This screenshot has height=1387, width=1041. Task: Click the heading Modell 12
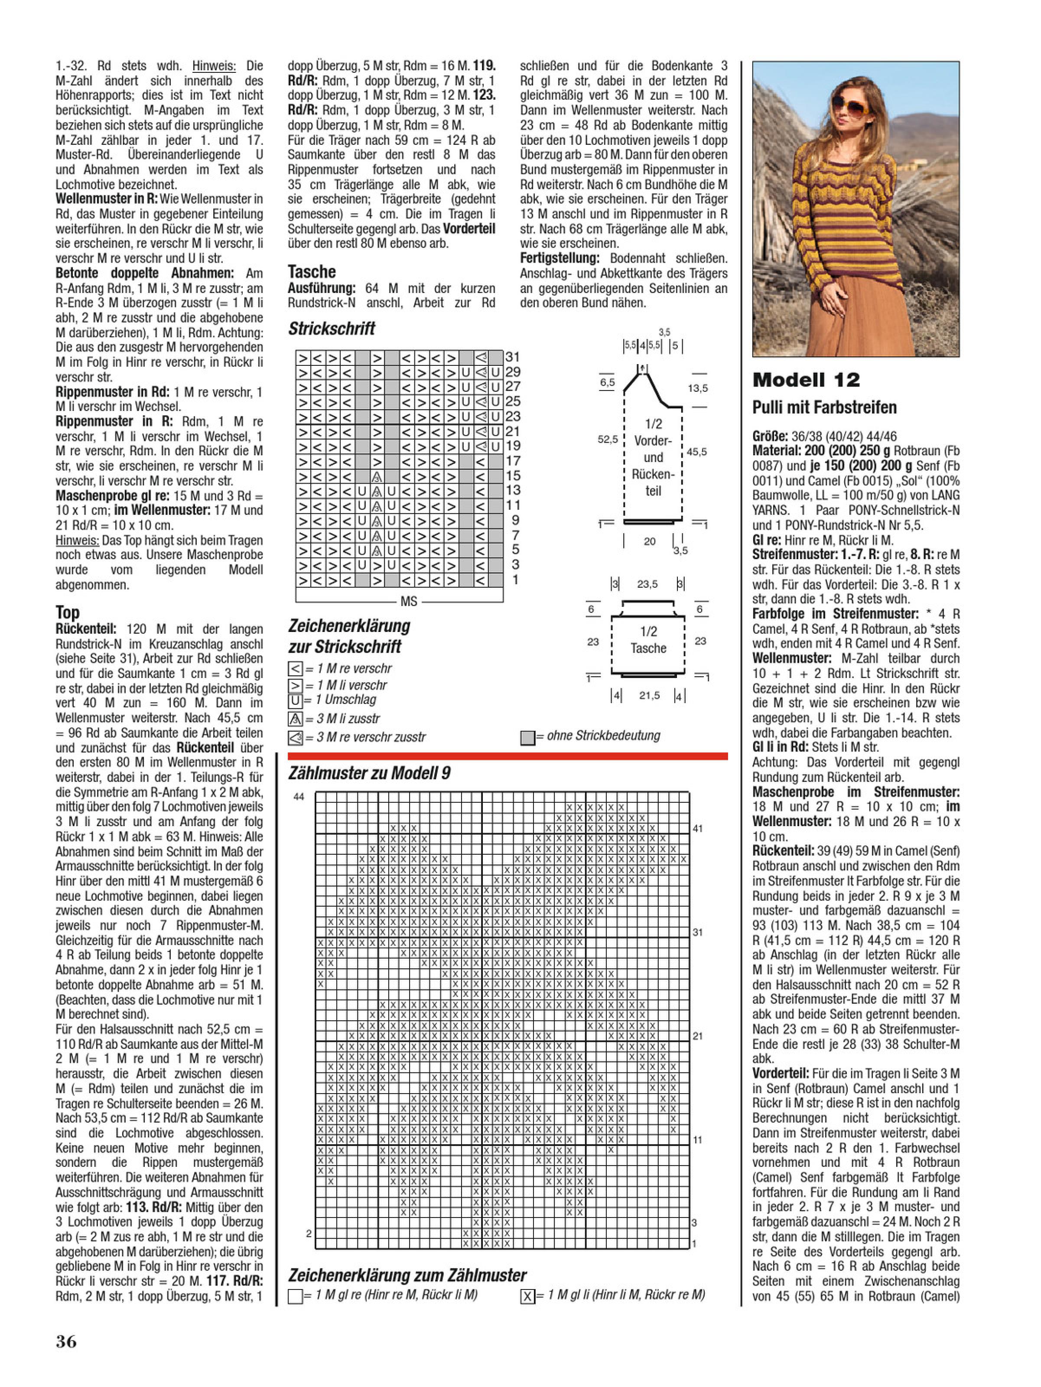coord(806,380)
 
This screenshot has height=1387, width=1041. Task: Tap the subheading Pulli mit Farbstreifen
coord(824,407)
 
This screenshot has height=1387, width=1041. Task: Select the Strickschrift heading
coord(331,329)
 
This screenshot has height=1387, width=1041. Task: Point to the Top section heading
coord(67,612)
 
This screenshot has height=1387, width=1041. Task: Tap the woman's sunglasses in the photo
coord(849,105)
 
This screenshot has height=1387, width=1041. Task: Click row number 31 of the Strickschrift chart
coord(512,357)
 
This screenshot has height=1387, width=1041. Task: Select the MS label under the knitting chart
coord(408,601)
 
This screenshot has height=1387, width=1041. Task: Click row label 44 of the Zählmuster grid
coord(299,796)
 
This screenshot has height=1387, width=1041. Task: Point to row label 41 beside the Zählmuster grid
coord(697,828)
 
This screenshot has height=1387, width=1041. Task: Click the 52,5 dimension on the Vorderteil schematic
coord(607,440)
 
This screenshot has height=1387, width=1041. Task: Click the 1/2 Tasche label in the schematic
coord(648,640)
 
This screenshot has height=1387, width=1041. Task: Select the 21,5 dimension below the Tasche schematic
coord(649,695)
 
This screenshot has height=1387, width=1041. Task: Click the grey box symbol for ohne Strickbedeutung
coord(527,737)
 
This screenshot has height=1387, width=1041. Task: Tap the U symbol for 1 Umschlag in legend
coord(295,700)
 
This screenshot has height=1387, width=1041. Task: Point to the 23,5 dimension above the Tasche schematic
coord(647,584)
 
